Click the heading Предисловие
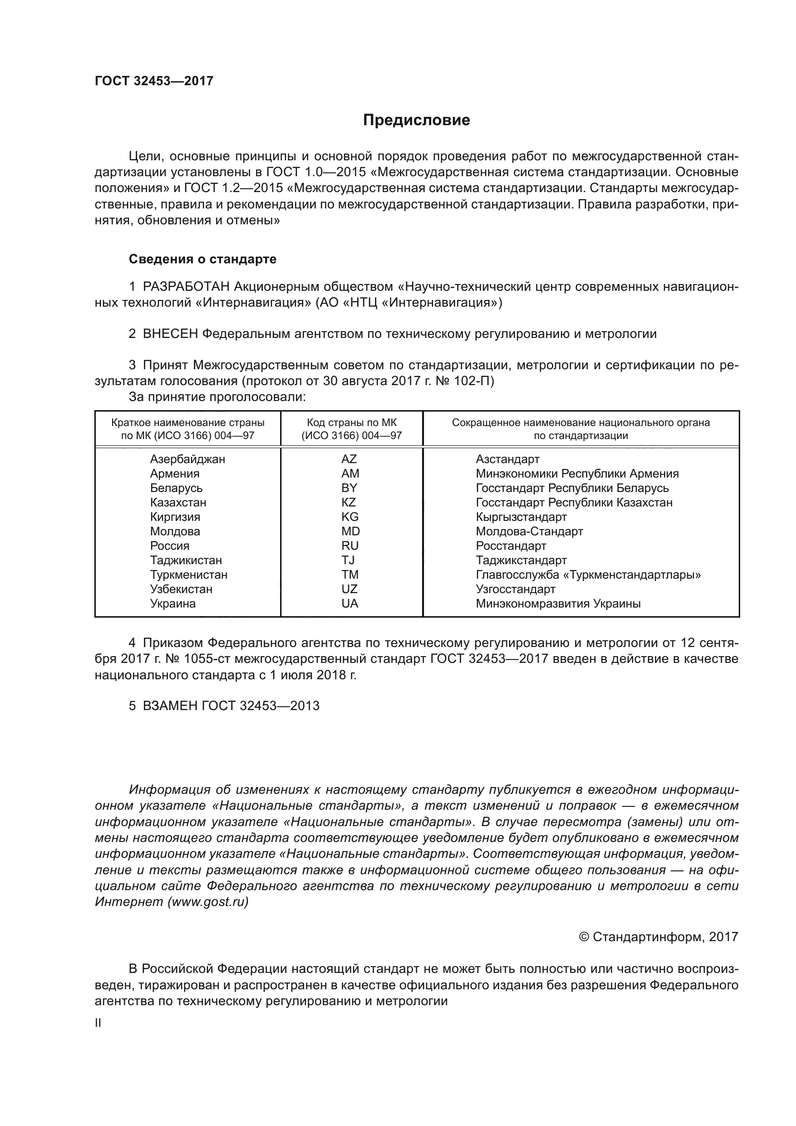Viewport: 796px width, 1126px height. [x=416, y=120]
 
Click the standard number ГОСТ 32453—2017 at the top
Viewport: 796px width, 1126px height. [x=154, y=81]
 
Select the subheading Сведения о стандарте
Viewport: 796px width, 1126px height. [x=203, y=259]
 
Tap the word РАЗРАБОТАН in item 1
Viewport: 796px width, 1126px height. [x=186, y=286]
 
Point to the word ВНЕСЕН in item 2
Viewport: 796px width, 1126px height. [x=170, y=334]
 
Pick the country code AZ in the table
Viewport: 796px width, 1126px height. [x=349, y=459]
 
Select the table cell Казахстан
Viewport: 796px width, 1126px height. [x=178, y=502]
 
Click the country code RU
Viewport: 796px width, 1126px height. [x=350, y=545]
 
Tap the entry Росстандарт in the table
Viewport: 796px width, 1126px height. [x=511, y=545]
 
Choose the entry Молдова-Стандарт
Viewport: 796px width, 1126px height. [x=529, y=531]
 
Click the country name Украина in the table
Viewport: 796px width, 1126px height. [x=173, y=603]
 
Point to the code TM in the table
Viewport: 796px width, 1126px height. [x=350, y=574]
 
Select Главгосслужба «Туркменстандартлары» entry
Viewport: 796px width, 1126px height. [x=588, y=574]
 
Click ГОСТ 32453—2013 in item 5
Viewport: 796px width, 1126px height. [x=260, y=706]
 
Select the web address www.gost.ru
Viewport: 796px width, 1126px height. [x=208, y=901]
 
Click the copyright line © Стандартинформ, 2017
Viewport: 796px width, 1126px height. [x=658, y=937]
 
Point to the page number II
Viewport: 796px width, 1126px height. [x=98, y=1023]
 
